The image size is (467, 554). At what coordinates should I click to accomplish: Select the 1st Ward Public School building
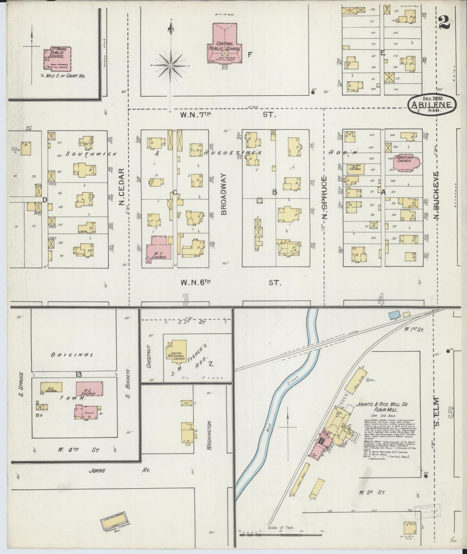[x=58, y=58]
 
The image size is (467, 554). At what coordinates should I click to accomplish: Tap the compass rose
[x=170, y=66]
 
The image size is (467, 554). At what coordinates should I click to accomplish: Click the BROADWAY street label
[x=224, y=194]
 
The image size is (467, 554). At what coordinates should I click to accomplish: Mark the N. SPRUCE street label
[x=325, y=197]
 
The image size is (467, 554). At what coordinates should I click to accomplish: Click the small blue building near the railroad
[x=394, y=314]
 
